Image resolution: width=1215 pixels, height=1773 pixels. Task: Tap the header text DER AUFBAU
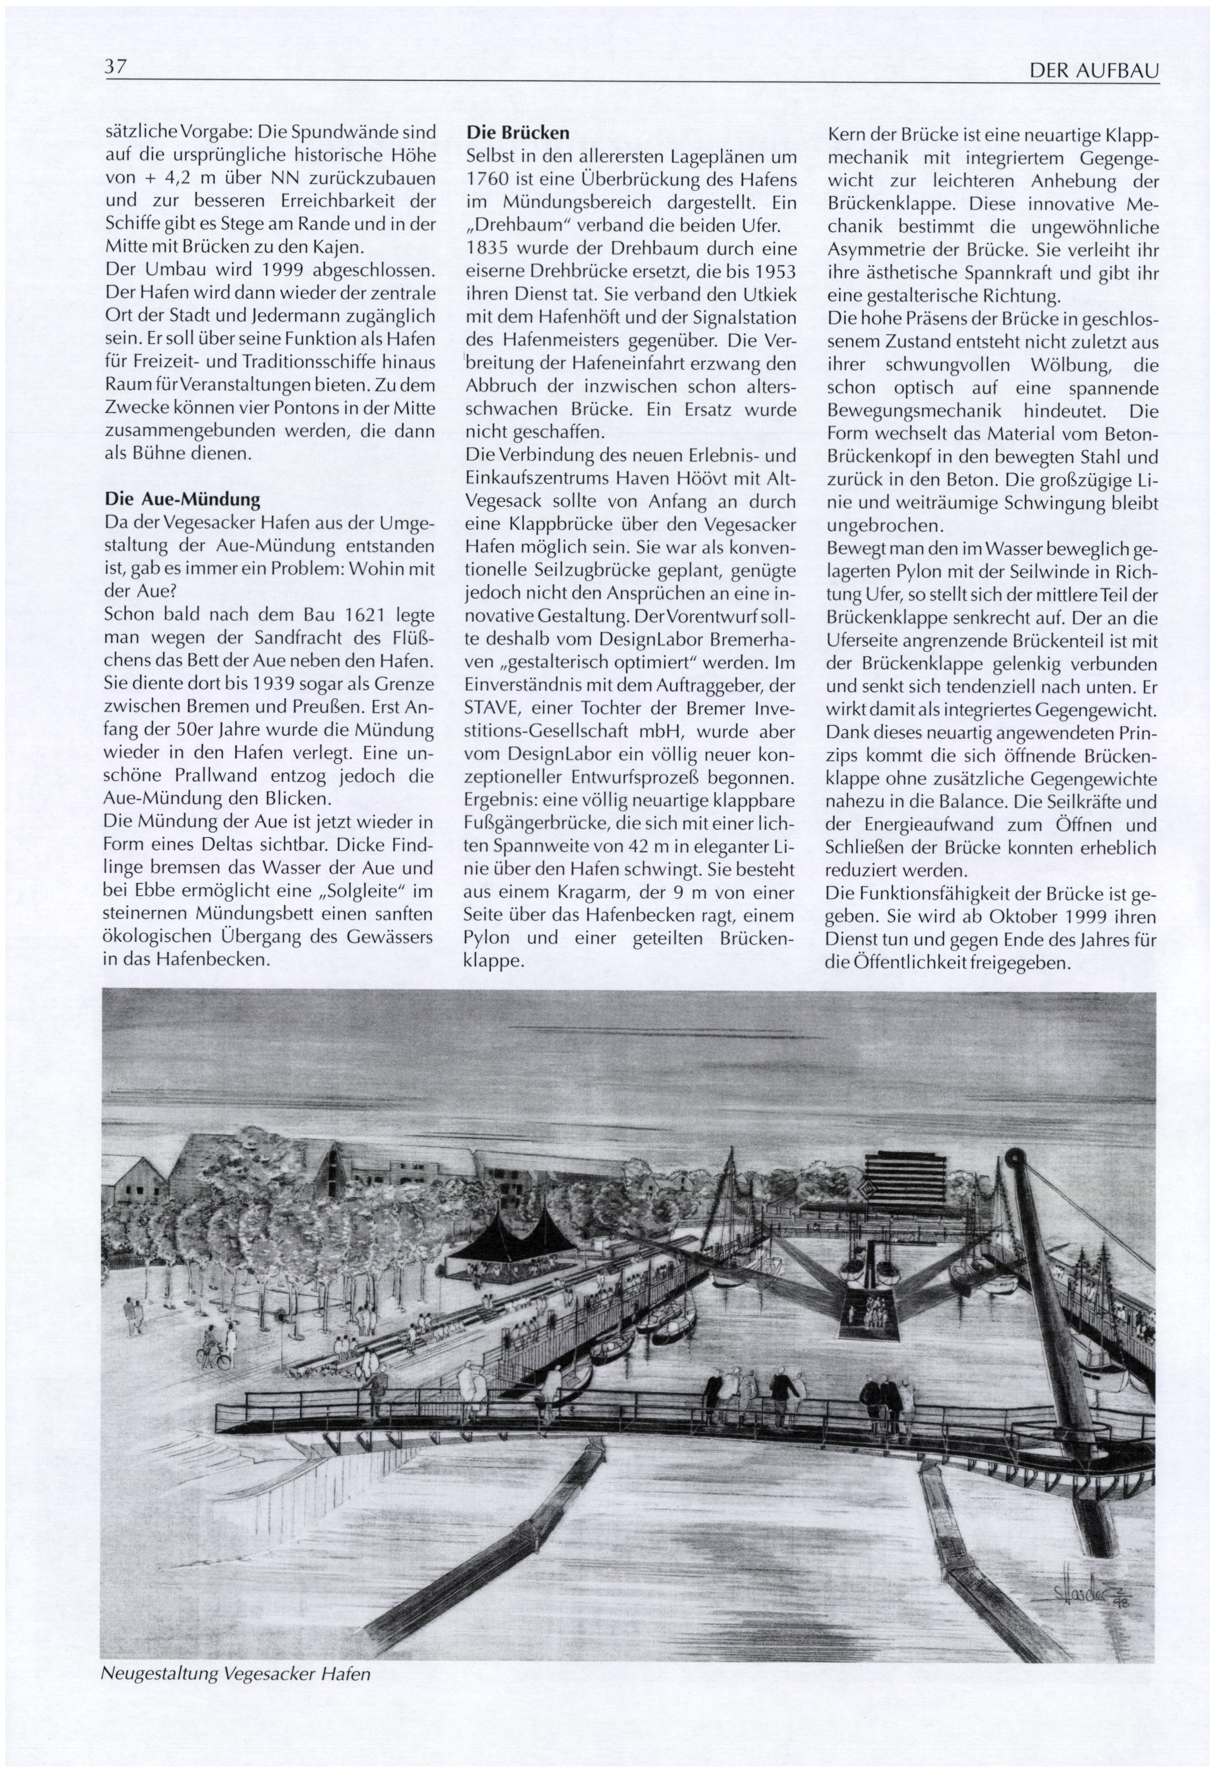(1094, 71)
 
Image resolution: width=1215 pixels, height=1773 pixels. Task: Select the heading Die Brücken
(517, 133)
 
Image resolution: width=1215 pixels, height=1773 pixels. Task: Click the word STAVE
(491, 708)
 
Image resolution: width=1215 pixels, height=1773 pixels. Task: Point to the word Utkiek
(770, 294)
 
